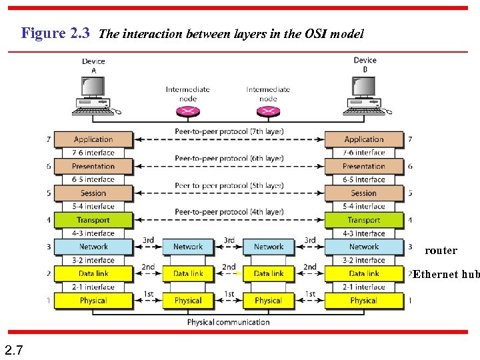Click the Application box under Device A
(x=93, y=139)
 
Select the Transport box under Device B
(x=364, y=220)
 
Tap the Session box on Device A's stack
(x=93, y=193)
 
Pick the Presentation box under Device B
(x=364, y=166)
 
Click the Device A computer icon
(x=93, y=93)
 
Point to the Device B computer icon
(x=365, y=93)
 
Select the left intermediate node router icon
(x=188, y=111)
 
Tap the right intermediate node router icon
(x=268, y=111)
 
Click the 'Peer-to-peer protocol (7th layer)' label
(x=229, y=131)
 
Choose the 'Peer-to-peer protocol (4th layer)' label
(x=229, y=212)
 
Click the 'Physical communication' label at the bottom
(x=229, y=322)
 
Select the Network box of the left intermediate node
(x=188, y=247)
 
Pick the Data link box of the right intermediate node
(x=269, y=273)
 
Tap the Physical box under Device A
(x=93, y=301)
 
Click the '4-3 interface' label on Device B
(x=364, y=233)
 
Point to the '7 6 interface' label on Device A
(x=93, y=153)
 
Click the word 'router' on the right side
(x=441, y=251)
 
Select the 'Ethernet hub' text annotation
(x=446, y=274)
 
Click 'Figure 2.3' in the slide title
(x=55, y=33)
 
